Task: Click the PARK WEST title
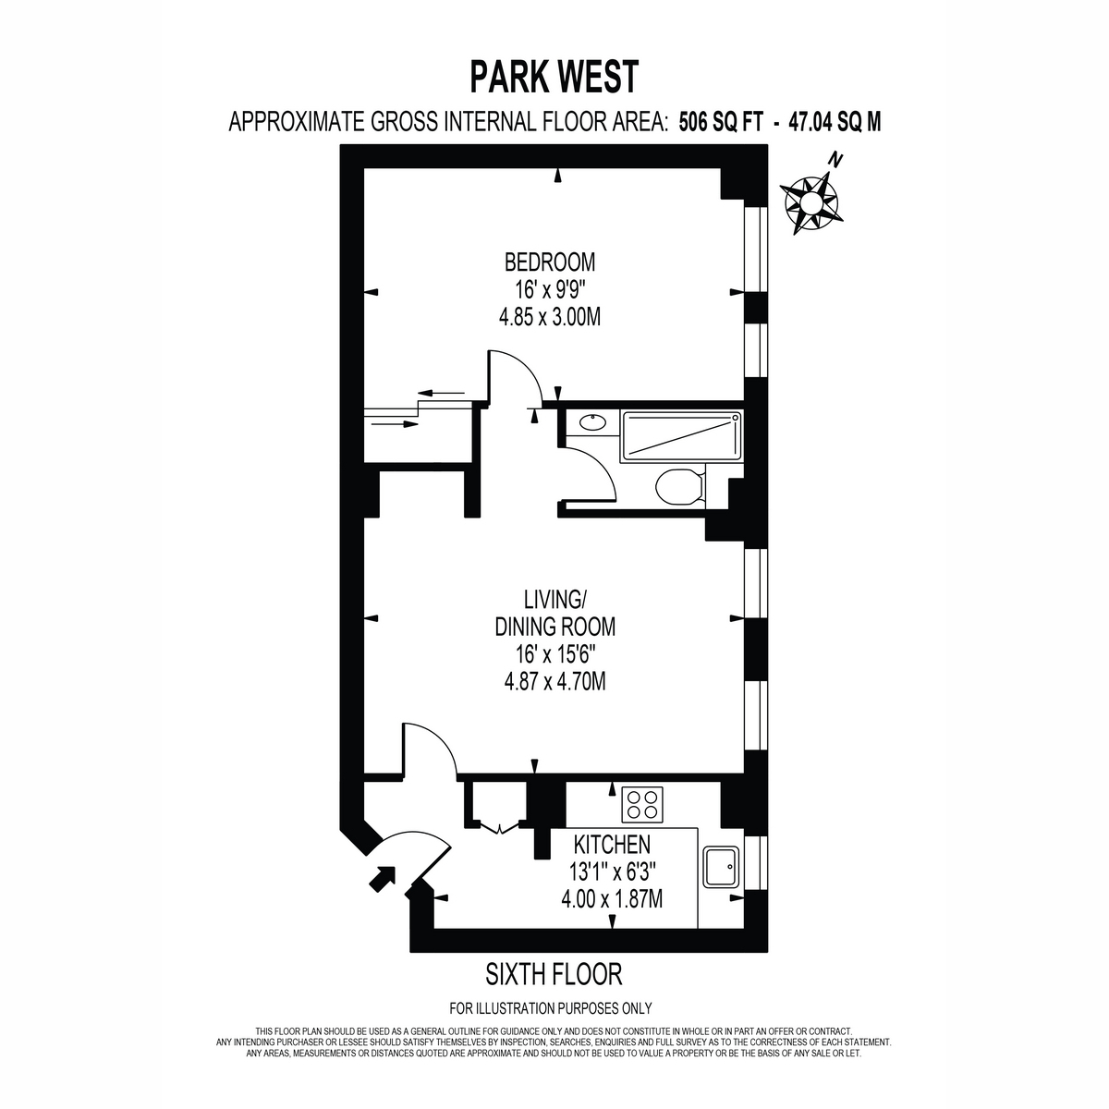point(554,77)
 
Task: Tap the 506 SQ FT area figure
point(722,122)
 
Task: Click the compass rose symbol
point(812,200)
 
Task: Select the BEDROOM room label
point(550,262)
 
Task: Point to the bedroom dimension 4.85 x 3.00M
point(550,317)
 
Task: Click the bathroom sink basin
point(592,423)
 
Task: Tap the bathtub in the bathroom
point(681,435)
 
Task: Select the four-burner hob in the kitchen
point(641,804)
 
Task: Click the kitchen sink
point(722,867)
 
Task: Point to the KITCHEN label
point(613,845)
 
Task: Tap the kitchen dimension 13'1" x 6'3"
point(613,871)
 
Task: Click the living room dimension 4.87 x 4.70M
point(554,682)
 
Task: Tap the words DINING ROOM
point(554,627)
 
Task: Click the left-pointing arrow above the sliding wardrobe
point(441,393)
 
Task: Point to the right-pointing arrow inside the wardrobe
point(395,424)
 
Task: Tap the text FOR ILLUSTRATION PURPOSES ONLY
point(551,1024)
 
